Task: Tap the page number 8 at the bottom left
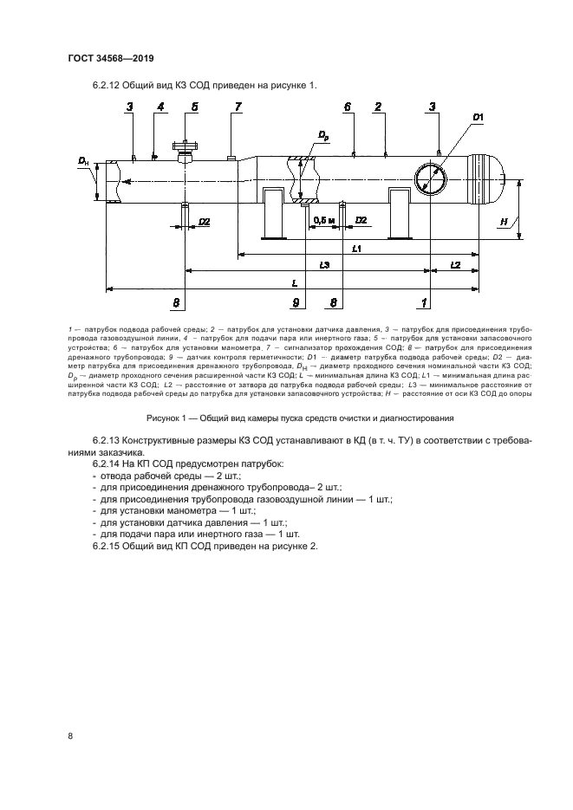click(x=70, y=736)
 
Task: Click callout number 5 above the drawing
click(x=194, y=107)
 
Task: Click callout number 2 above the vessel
click(x=379, y=107)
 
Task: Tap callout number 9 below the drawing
click(x=296, y=302)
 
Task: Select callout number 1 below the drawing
click(x=424, y=302)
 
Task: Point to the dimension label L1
click(x=357, y=249)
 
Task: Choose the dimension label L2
click(x=454, y=263)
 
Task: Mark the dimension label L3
click(x=324, y=263)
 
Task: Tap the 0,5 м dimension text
click(x=324, y=220)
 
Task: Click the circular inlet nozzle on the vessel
click(x=431, y=179)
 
